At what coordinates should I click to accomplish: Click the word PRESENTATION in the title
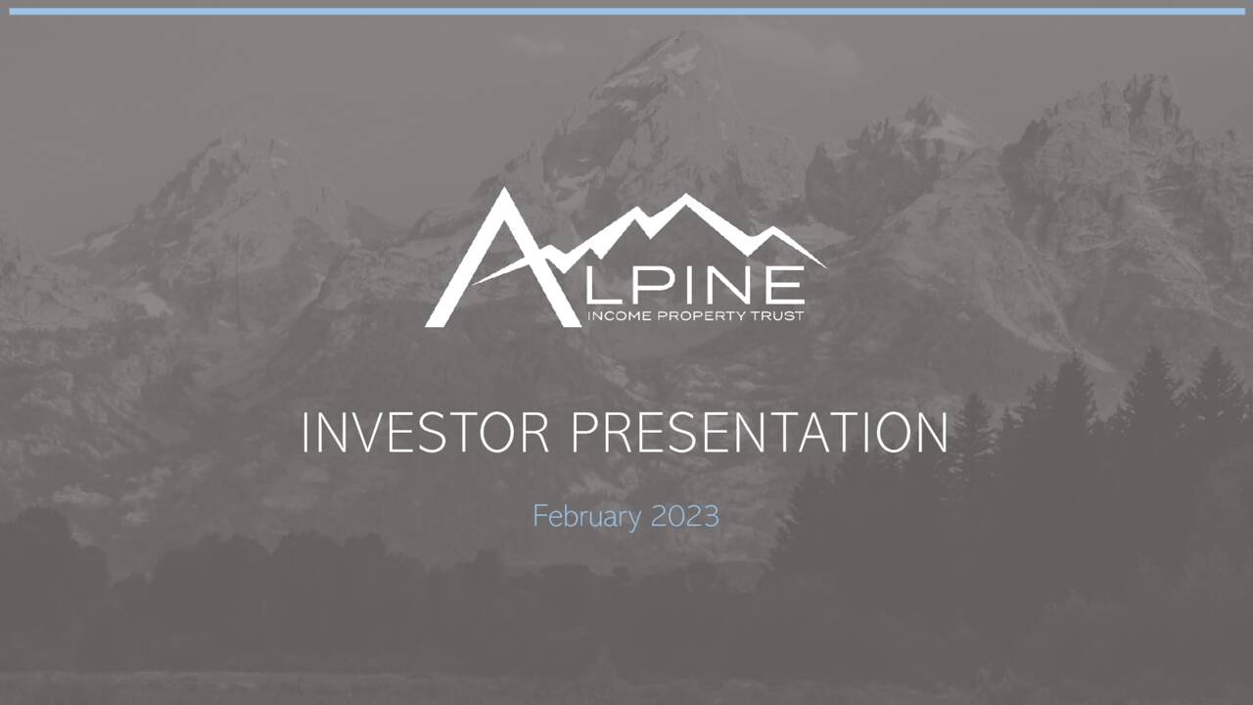point(759,433)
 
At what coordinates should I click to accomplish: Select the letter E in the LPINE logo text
point(783,287)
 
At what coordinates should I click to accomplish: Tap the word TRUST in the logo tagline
point(779,317)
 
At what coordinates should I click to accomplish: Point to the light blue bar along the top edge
point(626,12)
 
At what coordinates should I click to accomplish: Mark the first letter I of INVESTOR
point(306,433)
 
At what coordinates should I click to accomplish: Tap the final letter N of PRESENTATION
point(931,433)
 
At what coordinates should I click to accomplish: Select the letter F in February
point(539,516)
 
